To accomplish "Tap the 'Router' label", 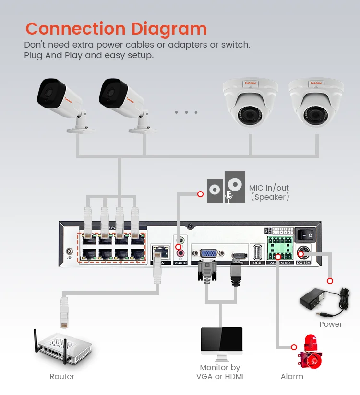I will tap(62, 376).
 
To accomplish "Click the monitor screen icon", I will tap(221, 342).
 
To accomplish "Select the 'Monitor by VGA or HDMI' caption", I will tap(220, 372).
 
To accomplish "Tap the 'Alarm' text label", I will tap(292, 376).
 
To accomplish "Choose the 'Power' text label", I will tap(331, 324).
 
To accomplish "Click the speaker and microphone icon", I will tap(226, 188).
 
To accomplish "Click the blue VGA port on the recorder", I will tap(208, 254).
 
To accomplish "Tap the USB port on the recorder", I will tap(257, 252).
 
